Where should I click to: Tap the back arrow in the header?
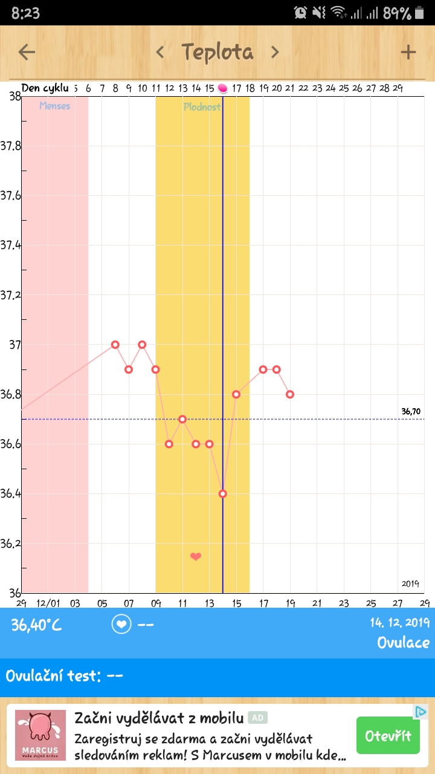[x=27, y=52]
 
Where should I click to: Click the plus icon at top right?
[x=408, y=52]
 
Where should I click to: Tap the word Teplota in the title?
[x=217, y=52]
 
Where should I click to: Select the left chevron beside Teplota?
[x=160, y=52]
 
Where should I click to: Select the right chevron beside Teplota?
[x=275, y=52]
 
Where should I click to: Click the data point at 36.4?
[x=223, y=493]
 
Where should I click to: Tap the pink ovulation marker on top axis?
[x=223, y=89]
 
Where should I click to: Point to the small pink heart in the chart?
[x=196, y=556]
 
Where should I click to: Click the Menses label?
[x=55, y=106]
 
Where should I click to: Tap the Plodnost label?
[x=202, y=106]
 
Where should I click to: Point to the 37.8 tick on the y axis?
[x=11, y=146]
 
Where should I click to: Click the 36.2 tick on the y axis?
[x=11, y=543]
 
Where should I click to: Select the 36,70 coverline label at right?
[x=411, y=411]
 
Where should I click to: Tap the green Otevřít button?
[x=388, y=735]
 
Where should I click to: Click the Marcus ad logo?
[x=40, y=735]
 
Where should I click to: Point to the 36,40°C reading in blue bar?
[x=37, y=625]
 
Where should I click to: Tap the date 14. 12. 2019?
[x=400, y=623]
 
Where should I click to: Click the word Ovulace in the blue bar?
[x=404, y=642]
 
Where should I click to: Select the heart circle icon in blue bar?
[x=121, y=625]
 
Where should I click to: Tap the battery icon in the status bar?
[x=421, y=13]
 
